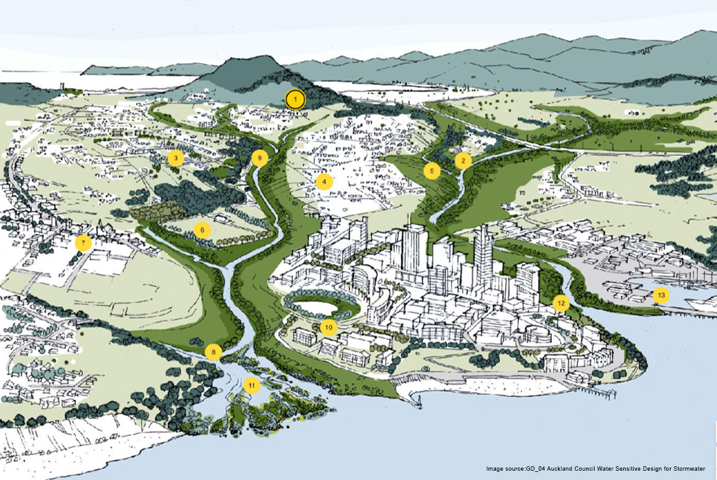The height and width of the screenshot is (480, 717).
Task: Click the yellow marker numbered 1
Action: click(296, 99)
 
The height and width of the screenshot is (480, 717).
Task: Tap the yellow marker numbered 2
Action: click(463, 161)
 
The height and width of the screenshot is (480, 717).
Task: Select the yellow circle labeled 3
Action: click(176, 159)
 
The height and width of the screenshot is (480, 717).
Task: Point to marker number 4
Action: click(323, 182)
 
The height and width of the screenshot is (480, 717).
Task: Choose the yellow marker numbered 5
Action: click(432, 171)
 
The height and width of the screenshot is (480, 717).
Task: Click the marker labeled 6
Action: click(202, 230)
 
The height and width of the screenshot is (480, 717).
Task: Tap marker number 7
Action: click(83, 242)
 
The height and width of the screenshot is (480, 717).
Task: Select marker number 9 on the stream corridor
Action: click(260, 158)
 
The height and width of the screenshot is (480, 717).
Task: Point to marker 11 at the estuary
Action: click(251, 385)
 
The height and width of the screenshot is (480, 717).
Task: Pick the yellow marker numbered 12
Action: click(561, 303)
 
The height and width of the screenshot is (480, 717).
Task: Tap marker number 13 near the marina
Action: click(661, 295)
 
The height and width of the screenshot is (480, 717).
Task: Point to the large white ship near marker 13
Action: click(698, 303)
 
